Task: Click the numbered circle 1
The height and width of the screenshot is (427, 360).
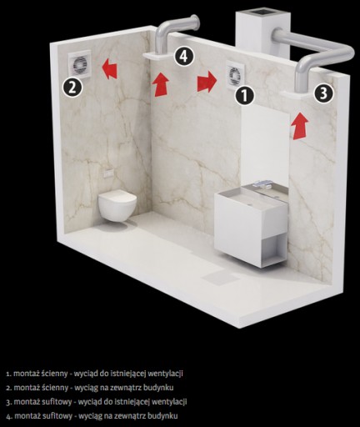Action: tap(245, 95)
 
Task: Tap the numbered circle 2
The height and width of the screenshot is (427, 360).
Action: tap(72, 88)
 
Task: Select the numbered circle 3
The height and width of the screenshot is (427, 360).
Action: tap(324, 93)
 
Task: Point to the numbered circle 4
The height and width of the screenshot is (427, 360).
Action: tap(183, 57)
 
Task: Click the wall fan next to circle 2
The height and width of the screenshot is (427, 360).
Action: tap(80, 66)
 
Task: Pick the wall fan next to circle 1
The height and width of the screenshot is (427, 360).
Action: tap(233, 75)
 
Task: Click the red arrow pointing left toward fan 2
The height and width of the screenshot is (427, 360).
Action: tap(110, 69)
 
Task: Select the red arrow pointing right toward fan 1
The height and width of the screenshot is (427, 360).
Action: tap(207, 81)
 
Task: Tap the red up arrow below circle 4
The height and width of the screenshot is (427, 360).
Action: tap(161, 84)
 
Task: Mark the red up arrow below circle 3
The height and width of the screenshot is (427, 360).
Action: tap(300, 125)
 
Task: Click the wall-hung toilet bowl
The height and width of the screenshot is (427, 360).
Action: tap(117, 205)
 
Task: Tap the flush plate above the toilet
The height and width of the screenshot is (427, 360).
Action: tap(108, 173)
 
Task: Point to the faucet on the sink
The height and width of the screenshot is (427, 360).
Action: tap(263, 183)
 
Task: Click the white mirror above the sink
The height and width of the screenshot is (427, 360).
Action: tap(265, 144)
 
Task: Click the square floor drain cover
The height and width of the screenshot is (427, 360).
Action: tap(220, 278)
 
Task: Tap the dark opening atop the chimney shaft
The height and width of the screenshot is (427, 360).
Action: tap(262, 12)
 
